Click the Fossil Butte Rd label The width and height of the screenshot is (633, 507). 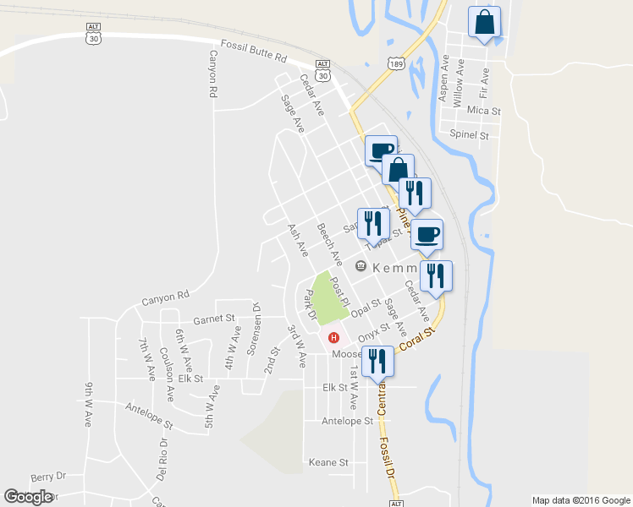(254, 51)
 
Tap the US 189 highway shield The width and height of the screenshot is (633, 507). (396, 63)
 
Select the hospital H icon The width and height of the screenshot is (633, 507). (334, 338)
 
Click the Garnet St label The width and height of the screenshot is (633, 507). (212, 319)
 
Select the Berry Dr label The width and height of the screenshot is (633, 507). (47, 477)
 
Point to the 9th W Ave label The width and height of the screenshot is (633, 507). (89, 406)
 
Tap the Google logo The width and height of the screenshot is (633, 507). (28, 497)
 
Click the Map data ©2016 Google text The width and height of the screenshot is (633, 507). (581, 499)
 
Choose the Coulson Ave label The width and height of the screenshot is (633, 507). (167, 367)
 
